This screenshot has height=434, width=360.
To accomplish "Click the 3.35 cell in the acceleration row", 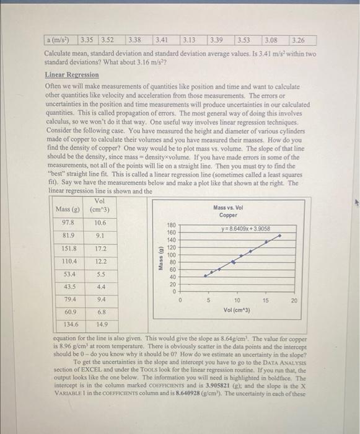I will coord(89,41).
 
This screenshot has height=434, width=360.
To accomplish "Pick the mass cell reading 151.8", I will coord(69,249).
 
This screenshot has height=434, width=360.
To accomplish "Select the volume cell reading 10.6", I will coord(100,222).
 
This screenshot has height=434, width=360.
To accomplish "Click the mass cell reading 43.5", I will coord(69,287).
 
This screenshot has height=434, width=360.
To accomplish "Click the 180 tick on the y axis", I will coord(172,225).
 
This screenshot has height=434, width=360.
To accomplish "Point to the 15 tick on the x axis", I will coord(265,300).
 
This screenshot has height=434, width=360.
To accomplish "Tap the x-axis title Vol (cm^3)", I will coord(237,309).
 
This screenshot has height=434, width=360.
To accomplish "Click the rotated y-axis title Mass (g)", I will coord(161,257).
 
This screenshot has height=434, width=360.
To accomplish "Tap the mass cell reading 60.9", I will coord(69,311).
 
